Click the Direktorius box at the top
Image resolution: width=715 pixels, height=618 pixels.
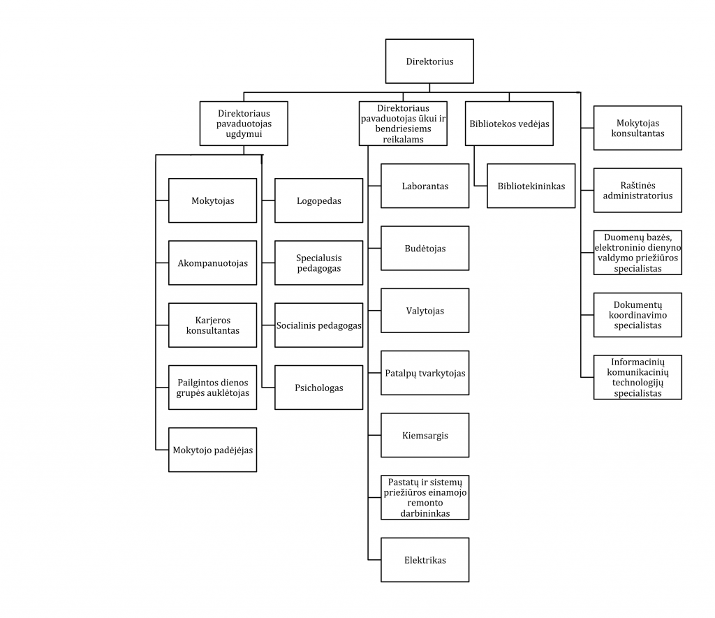tap(429, 61)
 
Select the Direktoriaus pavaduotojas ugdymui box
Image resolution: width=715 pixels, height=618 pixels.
tap(244, 124)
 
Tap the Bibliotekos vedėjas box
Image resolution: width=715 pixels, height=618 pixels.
tap(509, 124)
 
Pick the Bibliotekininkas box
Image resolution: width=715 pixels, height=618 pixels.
tap(531, 186)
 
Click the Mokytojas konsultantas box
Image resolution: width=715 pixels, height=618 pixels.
tap(638, 128)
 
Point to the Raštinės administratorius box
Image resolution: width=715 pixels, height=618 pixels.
tap(638, 190)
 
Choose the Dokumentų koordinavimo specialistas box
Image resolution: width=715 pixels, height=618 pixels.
tap(638, 315)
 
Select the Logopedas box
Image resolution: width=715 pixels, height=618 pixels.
tap(318, 200)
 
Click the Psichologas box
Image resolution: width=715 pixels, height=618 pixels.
tap(318, 388)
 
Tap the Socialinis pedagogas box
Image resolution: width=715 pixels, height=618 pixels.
tap(318, 325)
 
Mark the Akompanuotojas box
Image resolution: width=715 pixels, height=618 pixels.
tap(212, 263)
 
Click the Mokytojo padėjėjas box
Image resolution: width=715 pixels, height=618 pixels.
tap(212, 450)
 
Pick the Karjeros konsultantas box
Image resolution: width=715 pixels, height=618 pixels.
tap(212, 325)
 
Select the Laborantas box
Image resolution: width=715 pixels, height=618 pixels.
tap(425, 186)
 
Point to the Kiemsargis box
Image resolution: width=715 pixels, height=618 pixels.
tap(425, 436)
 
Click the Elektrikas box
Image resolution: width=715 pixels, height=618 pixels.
tap(425, 560)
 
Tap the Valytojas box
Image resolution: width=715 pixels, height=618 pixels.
tap(425, 311)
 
